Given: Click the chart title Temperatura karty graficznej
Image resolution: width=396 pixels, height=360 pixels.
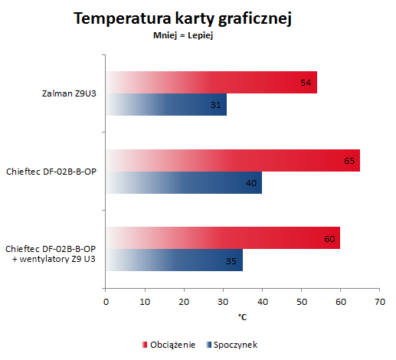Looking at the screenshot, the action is tap(182, 19).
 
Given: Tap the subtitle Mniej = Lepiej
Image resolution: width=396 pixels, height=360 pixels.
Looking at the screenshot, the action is tap(183, 35).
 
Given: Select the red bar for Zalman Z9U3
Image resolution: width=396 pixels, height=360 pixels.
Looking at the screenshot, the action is tap(211, 82).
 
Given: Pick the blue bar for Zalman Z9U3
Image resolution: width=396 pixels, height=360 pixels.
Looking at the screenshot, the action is tap(166, 104).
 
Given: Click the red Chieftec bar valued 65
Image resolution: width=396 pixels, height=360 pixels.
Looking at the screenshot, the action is tap(233, 161).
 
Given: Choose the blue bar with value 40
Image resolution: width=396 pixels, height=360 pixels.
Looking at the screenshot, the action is tap(184, 182).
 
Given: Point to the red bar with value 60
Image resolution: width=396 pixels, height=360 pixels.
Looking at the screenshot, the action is tap(223, 237).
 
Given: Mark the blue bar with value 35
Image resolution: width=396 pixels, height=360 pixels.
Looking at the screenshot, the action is tap(175, 260).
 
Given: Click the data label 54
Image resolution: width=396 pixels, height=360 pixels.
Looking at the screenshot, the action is tap(306, 83).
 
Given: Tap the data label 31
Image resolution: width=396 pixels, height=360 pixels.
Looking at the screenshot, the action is tap(216, 105).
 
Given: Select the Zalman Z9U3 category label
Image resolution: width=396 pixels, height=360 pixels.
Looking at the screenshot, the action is tap(69, 93).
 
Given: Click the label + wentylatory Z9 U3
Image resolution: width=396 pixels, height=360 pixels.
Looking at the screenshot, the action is tap(54, 259).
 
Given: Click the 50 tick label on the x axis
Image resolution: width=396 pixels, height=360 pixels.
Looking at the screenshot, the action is tap(302, 302).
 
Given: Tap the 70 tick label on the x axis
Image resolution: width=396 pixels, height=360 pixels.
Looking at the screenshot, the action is tap(380, 302).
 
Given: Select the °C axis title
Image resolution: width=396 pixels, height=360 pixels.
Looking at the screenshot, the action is tap(242, 317).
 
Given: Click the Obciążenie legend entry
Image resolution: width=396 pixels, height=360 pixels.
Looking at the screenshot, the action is tap(169, 345).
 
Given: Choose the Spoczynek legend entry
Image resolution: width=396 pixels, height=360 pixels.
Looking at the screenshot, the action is tap(232, 345).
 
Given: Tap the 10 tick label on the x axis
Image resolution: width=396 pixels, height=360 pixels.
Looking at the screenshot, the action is tap(145, 302).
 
